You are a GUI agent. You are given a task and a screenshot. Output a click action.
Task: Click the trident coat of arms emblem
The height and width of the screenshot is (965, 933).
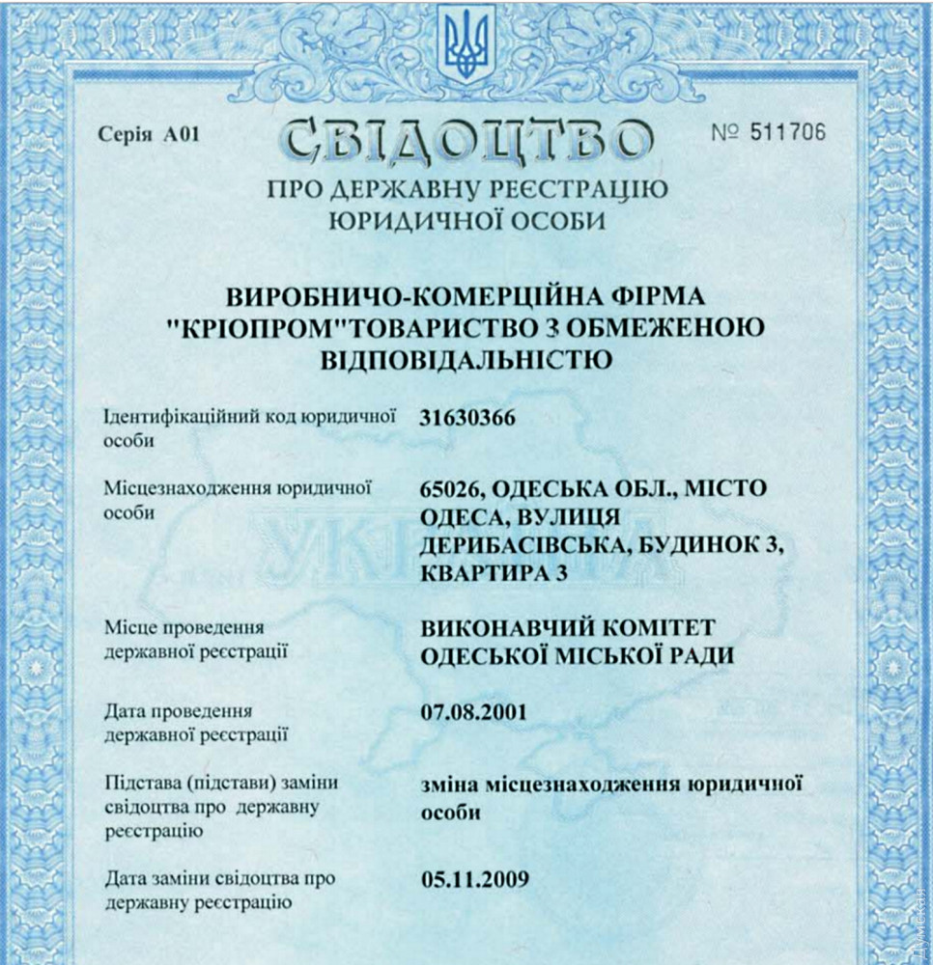(468, 44)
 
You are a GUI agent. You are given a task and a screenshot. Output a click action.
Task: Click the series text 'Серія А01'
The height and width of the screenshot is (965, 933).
(149, 134)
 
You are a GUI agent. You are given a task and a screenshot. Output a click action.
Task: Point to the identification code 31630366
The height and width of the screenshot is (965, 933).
(468, 418)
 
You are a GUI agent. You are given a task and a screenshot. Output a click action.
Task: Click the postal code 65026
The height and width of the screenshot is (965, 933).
(452, 488)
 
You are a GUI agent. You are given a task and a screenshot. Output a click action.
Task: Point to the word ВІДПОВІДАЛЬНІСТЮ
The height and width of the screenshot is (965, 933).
(466, 361)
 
